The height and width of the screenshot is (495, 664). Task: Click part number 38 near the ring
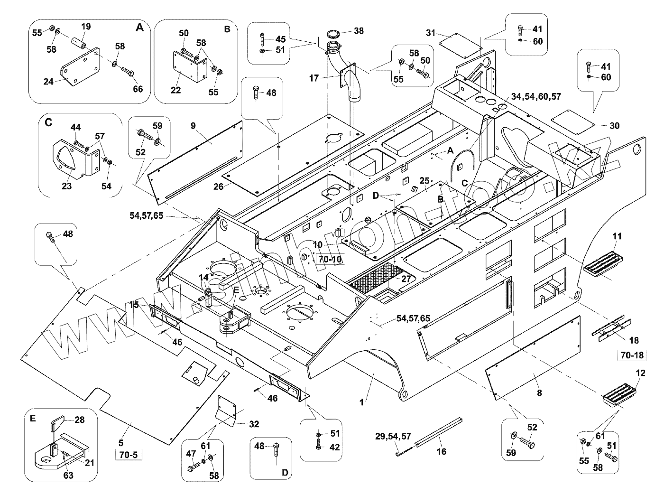(x=359, y=31)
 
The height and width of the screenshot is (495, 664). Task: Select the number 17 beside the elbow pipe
(x=314, y=78)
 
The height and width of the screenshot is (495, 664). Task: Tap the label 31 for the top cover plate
(x=430, y=33)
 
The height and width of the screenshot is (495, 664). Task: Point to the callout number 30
(x=614, y=126)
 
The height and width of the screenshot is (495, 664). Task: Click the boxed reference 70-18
(x=631, y=355)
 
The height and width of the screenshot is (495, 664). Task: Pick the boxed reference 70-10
(x=329, y=259)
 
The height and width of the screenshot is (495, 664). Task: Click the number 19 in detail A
(x=85, y=27)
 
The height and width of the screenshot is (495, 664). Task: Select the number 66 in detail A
(x=138, y=89)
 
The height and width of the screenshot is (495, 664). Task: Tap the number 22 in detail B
(x=175, y=90)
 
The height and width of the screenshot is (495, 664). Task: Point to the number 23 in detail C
(x=66, y=186)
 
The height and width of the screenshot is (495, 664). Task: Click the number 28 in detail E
(x=79, y=420)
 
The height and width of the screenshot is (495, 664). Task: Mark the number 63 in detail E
(x=68, y=475)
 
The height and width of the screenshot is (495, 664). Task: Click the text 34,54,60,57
(x=536, y=96)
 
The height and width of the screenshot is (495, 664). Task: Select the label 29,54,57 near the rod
(x=393, y=436)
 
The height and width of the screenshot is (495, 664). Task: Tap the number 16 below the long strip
(x=441, y=451)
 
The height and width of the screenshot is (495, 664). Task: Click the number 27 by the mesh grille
(x=406, y=279)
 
